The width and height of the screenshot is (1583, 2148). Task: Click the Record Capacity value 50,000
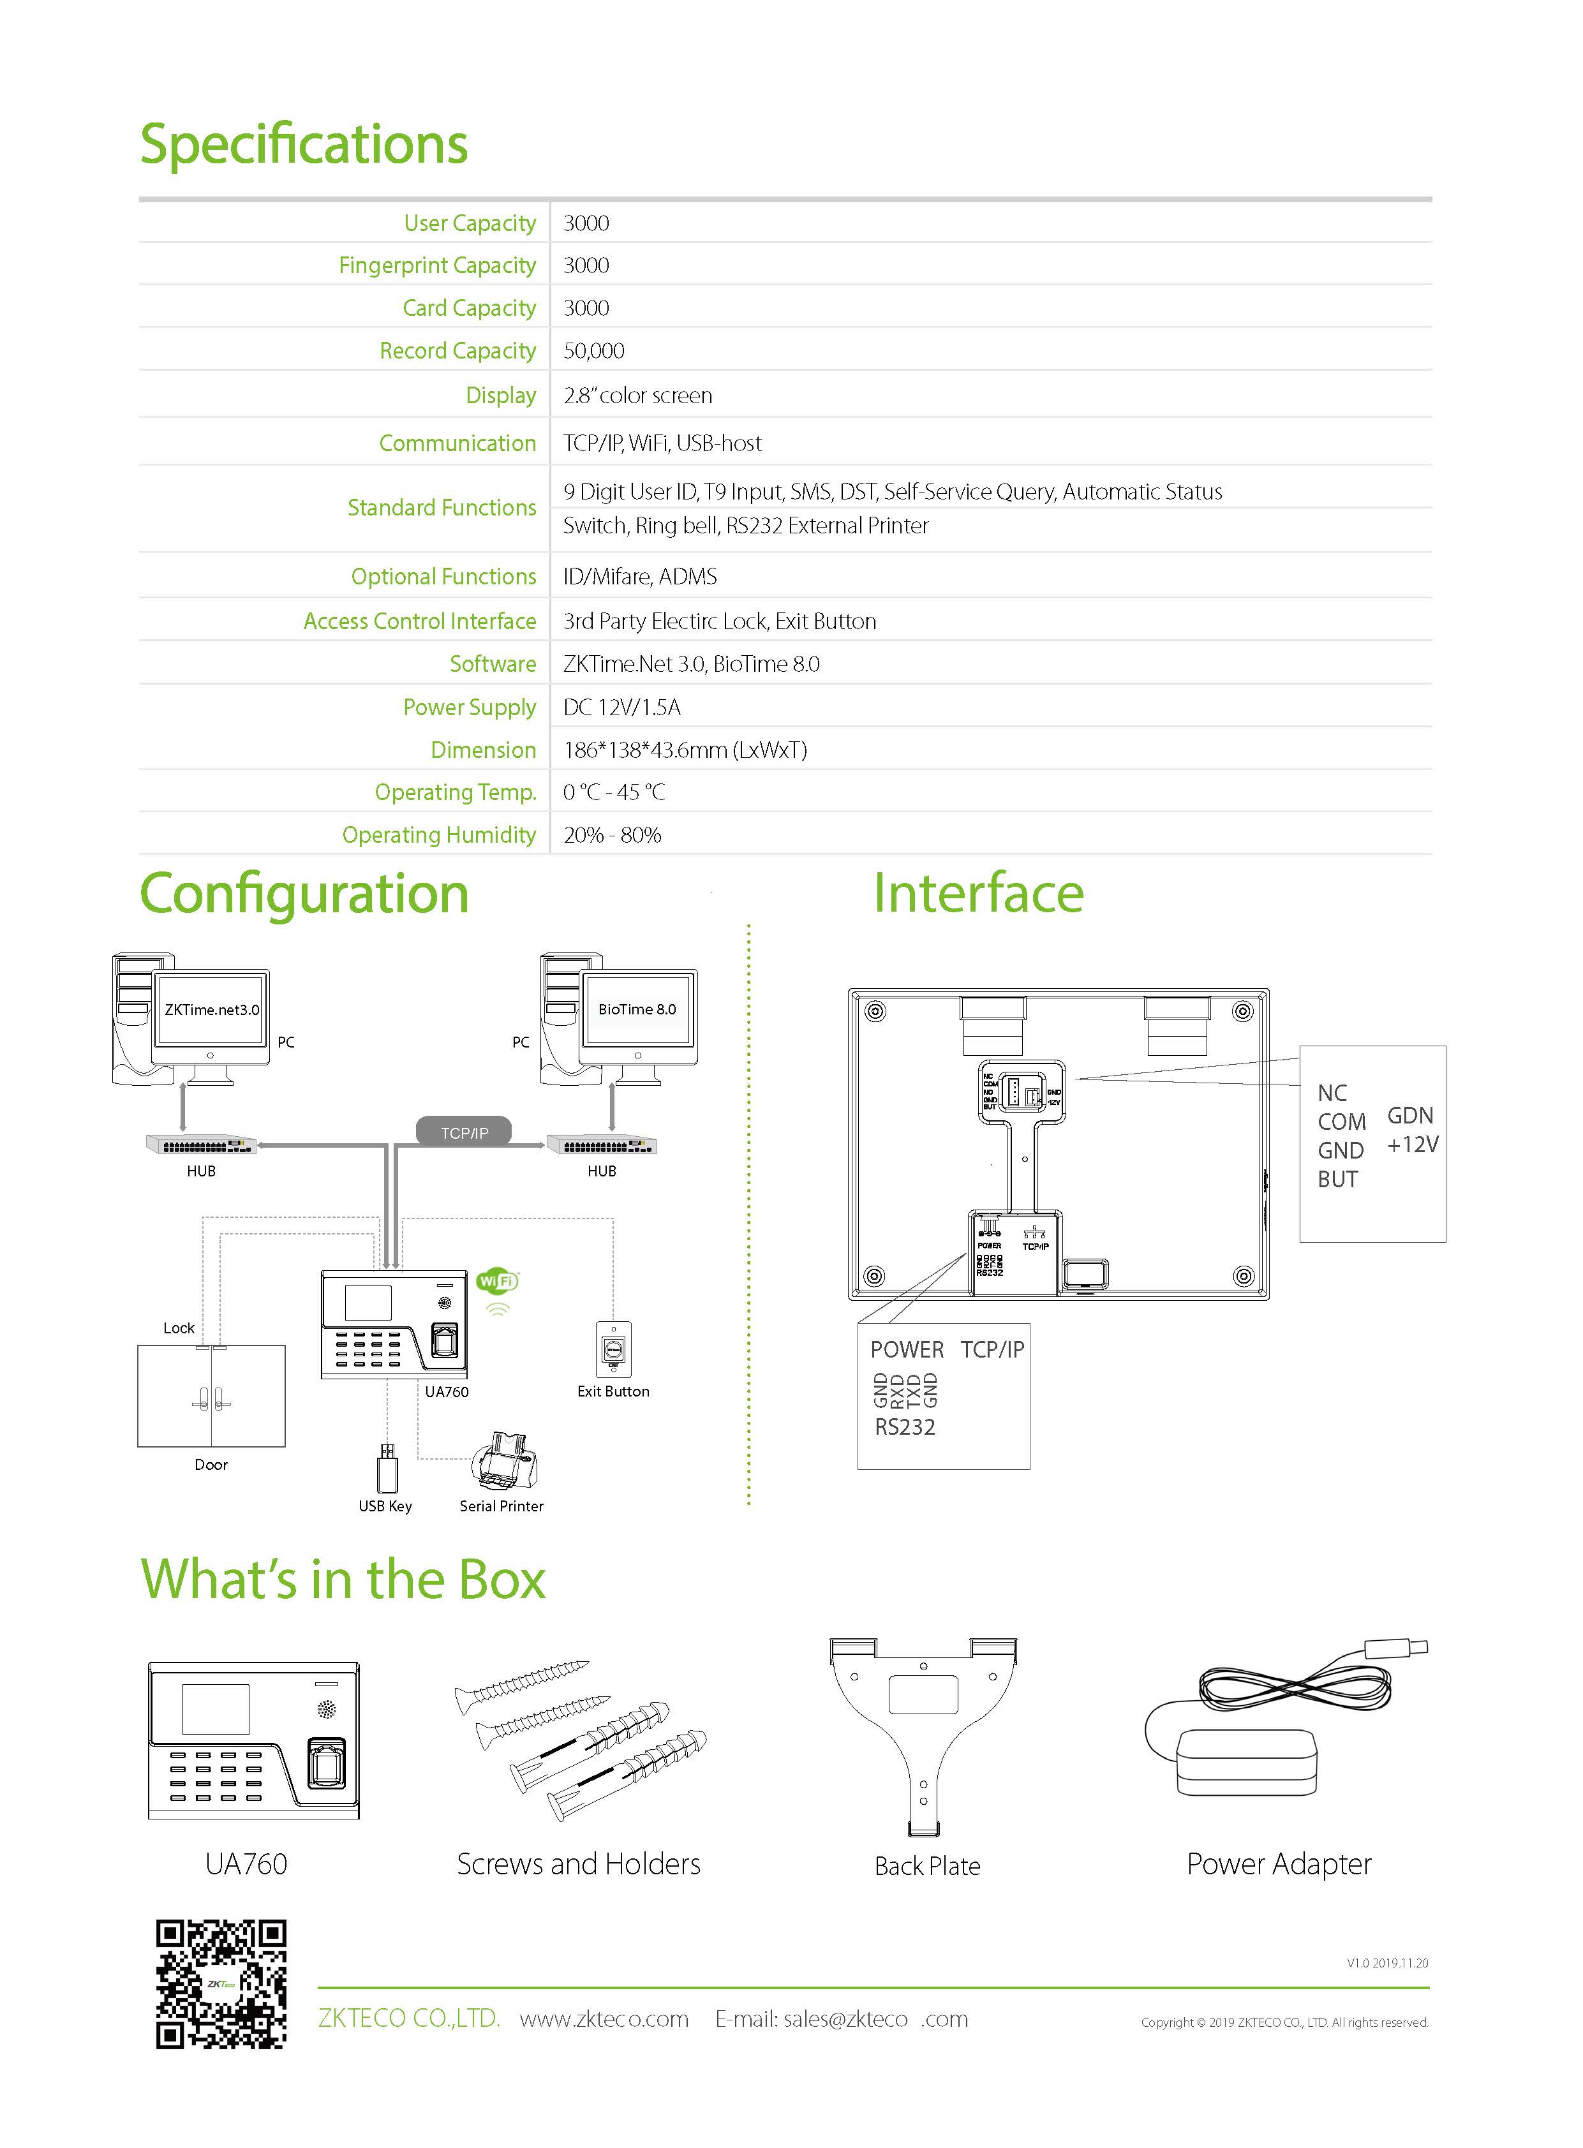coord(593,351)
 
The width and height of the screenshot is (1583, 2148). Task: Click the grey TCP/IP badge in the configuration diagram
coord(464,1132)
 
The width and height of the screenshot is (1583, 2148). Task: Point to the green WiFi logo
coord(497,1281)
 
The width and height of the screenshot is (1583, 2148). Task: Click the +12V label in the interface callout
coord(1413,1145)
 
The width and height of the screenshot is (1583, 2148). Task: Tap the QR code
coord(221,1983)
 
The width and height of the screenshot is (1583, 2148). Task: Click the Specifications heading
coord(304,145)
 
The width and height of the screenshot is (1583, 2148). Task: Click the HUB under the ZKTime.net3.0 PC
coord(201,1145)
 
